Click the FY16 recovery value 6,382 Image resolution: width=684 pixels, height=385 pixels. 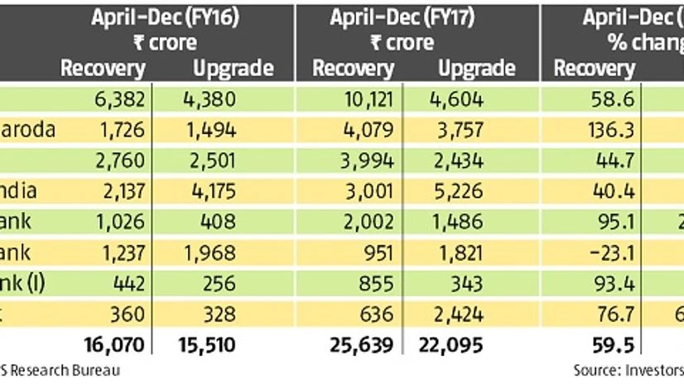coord(121,100)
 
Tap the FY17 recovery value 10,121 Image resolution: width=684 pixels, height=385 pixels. coord(373,100)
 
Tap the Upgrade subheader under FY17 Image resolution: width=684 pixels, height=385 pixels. coord(476,68)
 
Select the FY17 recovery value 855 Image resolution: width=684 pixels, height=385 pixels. coord(382,282)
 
